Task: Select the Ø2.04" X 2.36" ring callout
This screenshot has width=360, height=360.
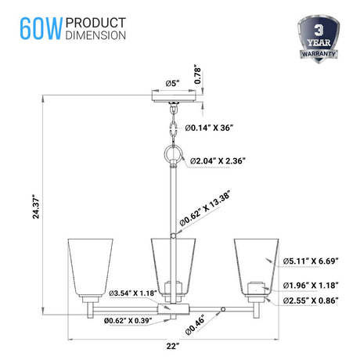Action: pyautogui.click(x=220, y=160)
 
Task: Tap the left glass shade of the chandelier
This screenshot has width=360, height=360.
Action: pyautogui.click(x=85, y=264)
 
